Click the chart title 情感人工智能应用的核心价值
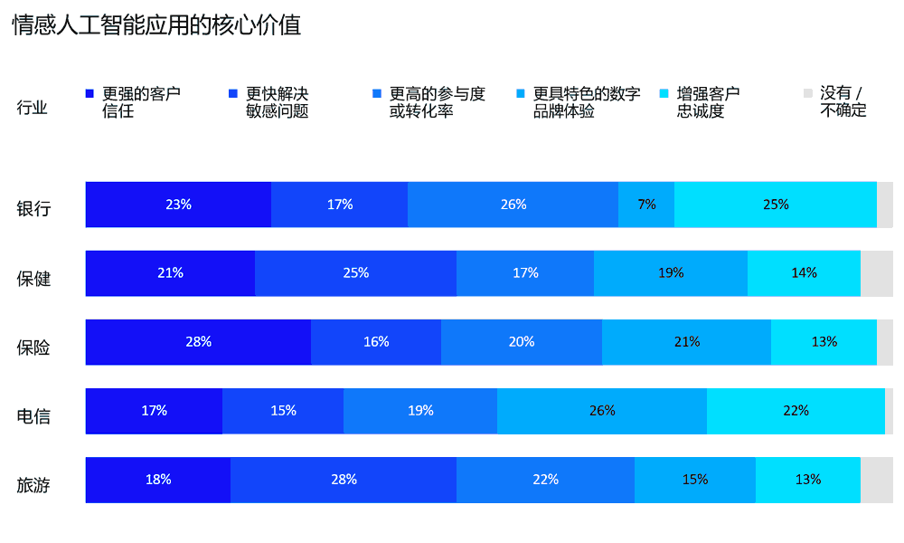156,25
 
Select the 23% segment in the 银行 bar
178,205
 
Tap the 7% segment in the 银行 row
646,205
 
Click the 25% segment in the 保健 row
355,273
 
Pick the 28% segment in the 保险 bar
198,342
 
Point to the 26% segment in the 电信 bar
602,411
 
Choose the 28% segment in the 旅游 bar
344,480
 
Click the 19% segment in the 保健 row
671,273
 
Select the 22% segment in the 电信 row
796,411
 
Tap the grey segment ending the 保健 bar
876,273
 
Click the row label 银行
33,209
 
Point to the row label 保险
33,348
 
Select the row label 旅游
33,485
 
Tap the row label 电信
33,416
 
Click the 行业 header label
32,109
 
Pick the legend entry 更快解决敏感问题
277,102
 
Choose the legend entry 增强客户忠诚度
708,102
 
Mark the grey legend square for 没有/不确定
808,93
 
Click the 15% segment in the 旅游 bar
694,480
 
